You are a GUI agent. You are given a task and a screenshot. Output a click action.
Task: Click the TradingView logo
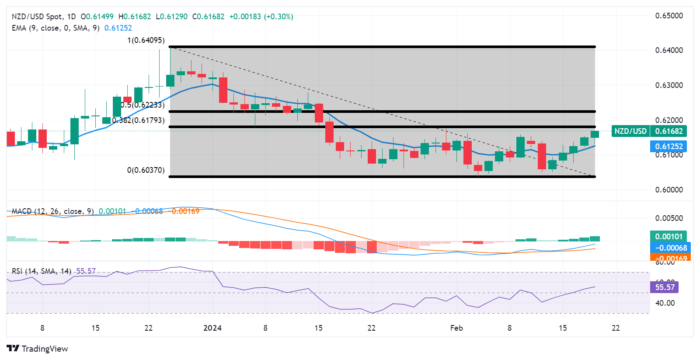pyautogui.click(x=38, y=349)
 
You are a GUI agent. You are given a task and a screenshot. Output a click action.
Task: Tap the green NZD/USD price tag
pyautogui.click(x=630, y=131)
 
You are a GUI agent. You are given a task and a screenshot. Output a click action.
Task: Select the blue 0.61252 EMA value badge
pyautogui.click(x=669, y=147)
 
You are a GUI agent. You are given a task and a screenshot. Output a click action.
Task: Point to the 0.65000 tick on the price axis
pyautogui.click(x=669, y=16)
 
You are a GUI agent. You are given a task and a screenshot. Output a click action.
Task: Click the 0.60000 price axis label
pyautogui.click(x=669, y=190)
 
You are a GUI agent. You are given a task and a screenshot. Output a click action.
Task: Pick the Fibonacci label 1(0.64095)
pyautogui.click(x=146, y=40)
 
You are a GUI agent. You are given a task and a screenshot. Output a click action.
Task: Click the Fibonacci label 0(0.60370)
pyautogui.click(x=146, y=170)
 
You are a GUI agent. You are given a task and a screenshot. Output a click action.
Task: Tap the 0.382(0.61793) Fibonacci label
pyautogui.click(x=139, y=120)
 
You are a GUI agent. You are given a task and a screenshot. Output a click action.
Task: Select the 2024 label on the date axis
pyautogui.click(x=212, y=328)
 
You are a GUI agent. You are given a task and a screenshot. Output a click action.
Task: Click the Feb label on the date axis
pyautogui.click(x=456, y=328)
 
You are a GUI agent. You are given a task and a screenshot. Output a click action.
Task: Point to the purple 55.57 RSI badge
pyautogui.click(x=665, y=287)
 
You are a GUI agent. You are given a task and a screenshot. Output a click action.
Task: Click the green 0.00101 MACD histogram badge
pyautogui.click(x=668, y=237)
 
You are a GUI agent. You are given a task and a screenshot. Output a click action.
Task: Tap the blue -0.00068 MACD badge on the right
pyautogui.click(x=670, y=248)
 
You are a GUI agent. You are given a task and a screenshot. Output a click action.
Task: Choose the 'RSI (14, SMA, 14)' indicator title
pyautogui.click(x=42, y=271)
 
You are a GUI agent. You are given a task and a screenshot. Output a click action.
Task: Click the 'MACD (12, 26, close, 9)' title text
pyautogui.click(x=52, y=211)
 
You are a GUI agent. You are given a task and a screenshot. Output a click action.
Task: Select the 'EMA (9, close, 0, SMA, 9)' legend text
pyautogui.click(x=56, y=28)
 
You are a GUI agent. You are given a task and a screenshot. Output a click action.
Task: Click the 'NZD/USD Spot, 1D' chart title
pyautogui.click(x=44, y=17)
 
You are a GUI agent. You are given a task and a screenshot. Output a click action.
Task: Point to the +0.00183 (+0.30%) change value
pyautogui.click(x=261, y=17)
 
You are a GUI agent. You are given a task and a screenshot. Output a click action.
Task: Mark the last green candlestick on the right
pyautogui.click(x=595, y=134)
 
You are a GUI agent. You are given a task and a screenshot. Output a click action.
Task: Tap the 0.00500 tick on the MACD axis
pyautogui.click(x=669, y=218)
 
